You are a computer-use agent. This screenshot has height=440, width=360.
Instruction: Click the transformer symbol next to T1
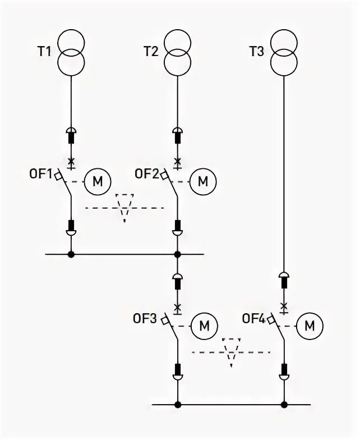coord(71,52)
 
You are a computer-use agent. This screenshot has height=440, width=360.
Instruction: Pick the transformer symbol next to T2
coord(178,52)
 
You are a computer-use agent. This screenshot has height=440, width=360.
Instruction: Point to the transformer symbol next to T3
coord(284,52)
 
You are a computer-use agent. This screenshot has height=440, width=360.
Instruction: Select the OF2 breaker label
coord(147,173)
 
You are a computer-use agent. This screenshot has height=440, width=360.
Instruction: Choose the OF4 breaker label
coord(253,318)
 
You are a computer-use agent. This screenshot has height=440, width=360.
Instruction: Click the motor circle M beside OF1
coord(98,181)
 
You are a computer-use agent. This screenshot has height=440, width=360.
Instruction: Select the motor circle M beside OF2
coord(203,181)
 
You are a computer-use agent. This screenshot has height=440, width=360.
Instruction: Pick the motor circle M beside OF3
coord(204,325)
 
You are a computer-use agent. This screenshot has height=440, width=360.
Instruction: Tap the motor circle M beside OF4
coord(310,325)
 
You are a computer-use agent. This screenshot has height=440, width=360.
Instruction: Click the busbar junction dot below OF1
coord(71,254)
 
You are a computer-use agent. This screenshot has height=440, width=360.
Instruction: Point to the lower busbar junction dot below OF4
coord(284,404)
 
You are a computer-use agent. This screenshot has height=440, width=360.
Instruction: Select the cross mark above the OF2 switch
coord(178,162)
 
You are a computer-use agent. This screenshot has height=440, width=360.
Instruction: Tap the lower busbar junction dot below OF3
coord(178,404)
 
